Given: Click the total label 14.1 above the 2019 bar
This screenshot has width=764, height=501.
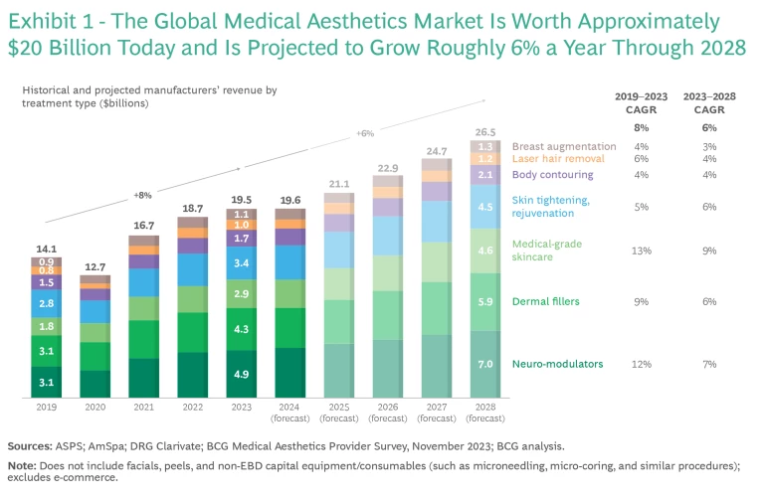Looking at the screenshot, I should (x=47, y=250).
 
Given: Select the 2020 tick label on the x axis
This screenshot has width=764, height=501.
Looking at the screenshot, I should (x=95, y=407).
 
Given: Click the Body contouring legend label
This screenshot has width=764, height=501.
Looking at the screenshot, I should (x=552, y=175).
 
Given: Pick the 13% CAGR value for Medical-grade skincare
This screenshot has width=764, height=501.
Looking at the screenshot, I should (x=641, y=250).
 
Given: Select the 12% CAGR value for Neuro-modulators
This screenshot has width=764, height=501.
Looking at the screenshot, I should (x=641, y=364).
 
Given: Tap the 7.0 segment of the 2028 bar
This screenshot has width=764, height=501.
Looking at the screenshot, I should (x=485, y=365).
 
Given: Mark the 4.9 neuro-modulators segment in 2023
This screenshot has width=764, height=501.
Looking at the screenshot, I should (x=242, y=374).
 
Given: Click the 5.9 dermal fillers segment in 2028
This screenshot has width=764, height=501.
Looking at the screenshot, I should (x=485, y=302).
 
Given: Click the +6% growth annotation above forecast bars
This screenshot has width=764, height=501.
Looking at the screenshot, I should (x=365, y=133).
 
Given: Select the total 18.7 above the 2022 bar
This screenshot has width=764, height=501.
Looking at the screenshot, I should (x=193, y=208).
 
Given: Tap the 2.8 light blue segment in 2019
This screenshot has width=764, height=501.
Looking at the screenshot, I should (x=47, y=303).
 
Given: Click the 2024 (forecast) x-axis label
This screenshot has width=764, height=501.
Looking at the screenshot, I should (x=290, y=412).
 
